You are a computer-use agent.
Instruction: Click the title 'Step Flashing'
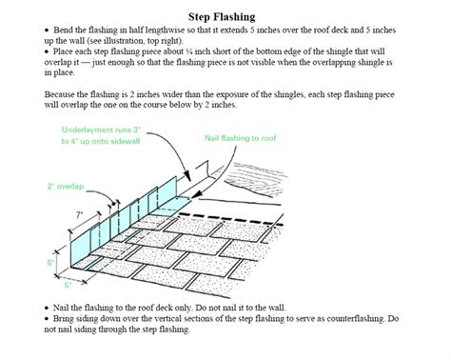coord(225,16)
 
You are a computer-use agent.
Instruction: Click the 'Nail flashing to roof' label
coord(242,138)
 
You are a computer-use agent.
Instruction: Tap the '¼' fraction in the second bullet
coord(188,54)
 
